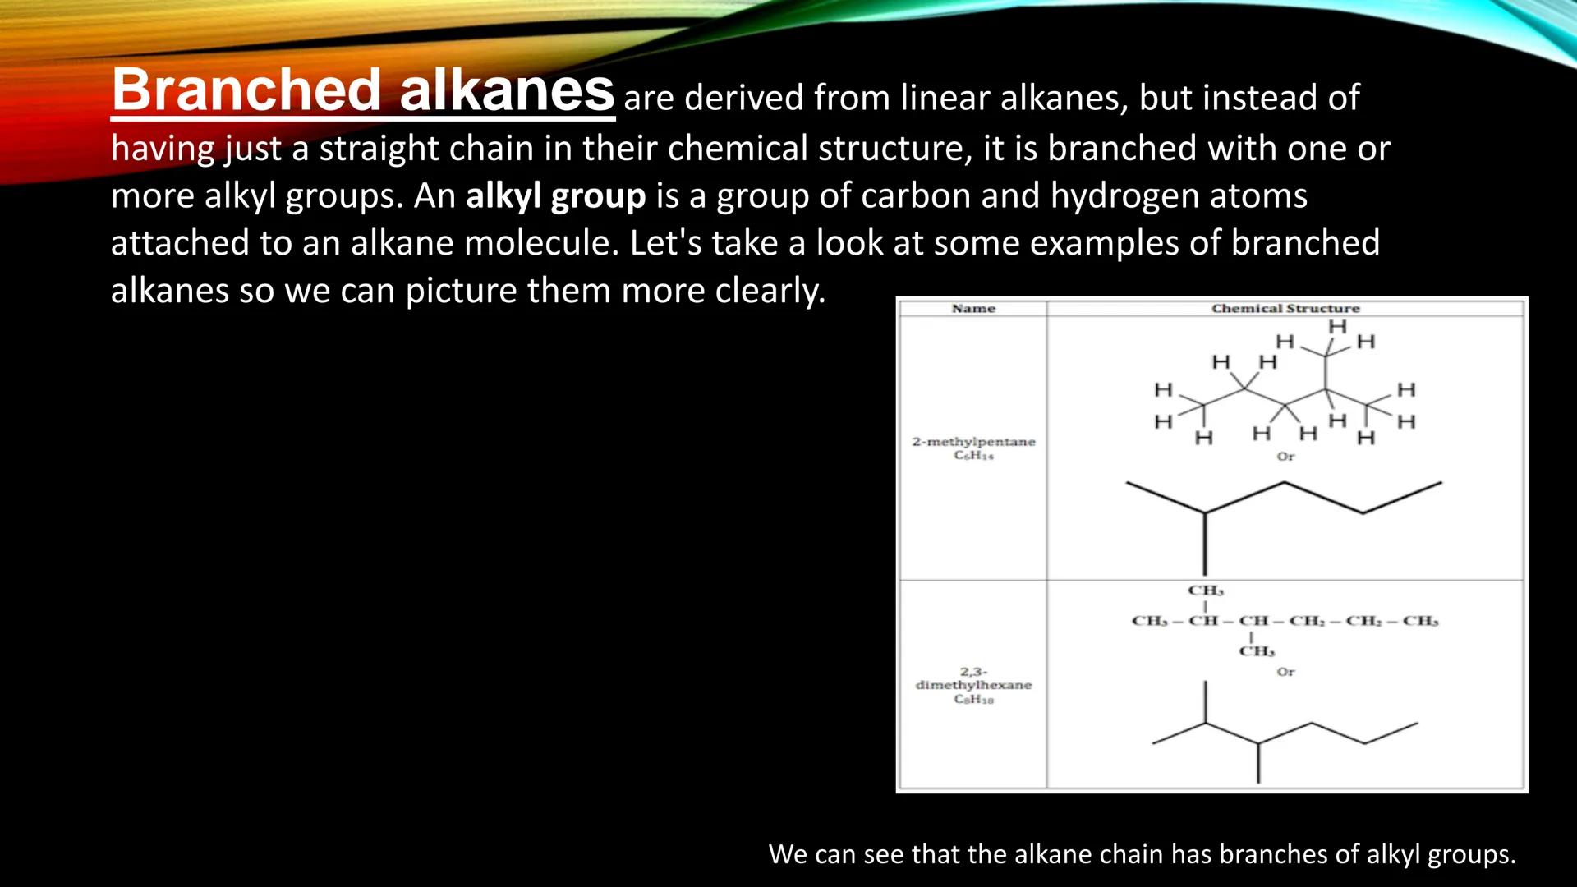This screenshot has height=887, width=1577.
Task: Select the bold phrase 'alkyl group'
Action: (x=555, y=196)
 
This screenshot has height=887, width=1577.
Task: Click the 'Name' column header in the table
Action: (x=973, y=309)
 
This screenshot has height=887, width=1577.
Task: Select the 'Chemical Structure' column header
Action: (x=1285, y=309)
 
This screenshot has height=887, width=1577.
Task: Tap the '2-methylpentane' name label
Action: (x=973, y=442)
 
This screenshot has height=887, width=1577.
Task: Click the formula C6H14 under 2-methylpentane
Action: (x=973, y=456)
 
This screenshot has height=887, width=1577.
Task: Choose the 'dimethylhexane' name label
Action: (x=973, y=685)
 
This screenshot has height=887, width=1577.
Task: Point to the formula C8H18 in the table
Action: (x=973, y=700)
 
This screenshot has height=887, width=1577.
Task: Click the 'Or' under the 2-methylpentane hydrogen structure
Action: (x=1285, y=457)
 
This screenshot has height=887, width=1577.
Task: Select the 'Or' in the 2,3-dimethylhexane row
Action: (x=1285, y=672)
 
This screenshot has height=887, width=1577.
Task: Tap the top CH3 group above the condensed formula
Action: (x=1205, y=591)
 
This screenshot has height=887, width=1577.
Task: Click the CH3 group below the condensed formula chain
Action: (x=1257, y=651)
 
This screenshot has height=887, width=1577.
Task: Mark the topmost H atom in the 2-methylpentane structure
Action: (x=1338, y=327)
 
